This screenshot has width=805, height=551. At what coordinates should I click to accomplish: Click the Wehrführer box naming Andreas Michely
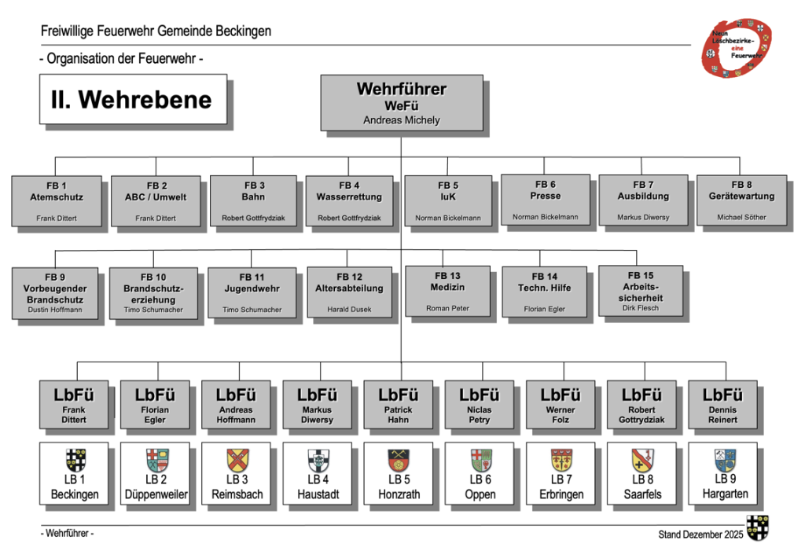(402, 103)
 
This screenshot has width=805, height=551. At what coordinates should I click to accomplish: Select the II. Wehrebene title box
(133, 99)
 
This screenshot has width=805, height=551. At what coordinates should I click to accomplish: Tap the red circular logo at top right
(736, 48)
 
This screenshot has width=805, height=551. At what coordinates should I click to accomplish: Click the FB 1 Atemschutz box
(57, 200)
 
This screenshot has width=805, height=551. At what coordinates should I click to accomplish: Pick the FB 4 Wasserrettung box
(349, 200)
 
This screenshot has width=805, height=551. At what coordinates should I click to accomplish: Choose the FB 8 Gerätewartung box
(741, 200)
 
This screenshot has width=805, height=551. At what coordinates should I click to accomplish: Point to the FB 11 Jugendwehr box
(252, 292)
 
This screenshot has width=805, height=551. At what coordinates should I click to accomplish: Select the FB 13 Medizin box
(447, 291)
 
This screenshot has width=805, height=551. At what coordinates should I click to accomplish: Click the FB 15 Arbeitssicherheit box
(641, 291)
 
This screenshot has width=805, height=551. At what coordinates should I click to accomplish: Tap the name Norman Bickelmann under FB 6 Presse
(546, 217)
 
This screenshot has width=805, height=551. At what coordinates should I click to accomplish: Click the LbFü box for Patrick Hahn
(399, 405)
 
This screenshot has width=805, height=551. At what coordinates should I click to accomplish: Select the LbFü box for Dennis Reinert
(723, 405)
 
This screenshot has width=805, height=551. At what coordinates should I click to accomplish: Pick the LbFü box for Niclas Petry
(480, 405)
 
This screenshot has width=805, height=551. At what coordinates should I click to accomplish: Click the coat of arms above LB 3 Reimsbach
(237, 460)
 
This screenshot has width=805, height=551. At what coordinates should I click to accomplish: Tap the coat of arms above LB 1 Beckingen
(75, 460)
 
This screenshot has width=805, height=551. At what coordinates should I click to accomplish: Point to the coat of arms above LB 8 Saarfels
(642, 460)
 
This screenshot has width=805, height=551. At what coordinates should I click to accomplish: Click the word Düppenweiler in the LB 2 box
(156, 494)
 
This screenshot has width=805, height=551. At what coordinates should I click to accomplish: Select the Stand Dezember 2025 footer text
(700, 534)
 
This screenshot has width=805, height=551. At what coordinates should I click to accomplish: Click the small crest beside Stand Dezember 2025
(757, 528)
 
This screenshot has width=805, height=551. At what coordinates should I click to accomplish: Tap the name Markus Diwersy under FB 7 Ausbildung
(643, 217)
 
